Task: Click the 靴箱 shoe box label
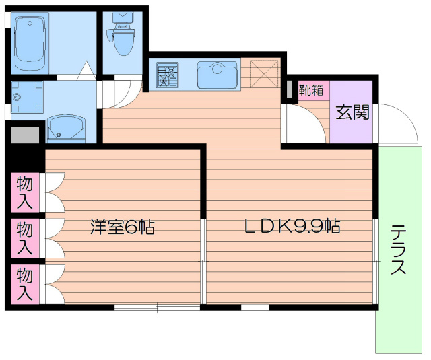311,90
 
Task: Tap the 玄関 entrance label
352,112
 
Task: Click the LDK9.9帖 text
291,227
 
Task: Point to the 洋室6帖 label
123,227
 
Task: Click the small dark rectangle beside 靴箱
290,89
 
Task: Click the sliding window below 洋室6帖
156,308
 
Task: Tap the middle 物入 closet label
24,236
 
